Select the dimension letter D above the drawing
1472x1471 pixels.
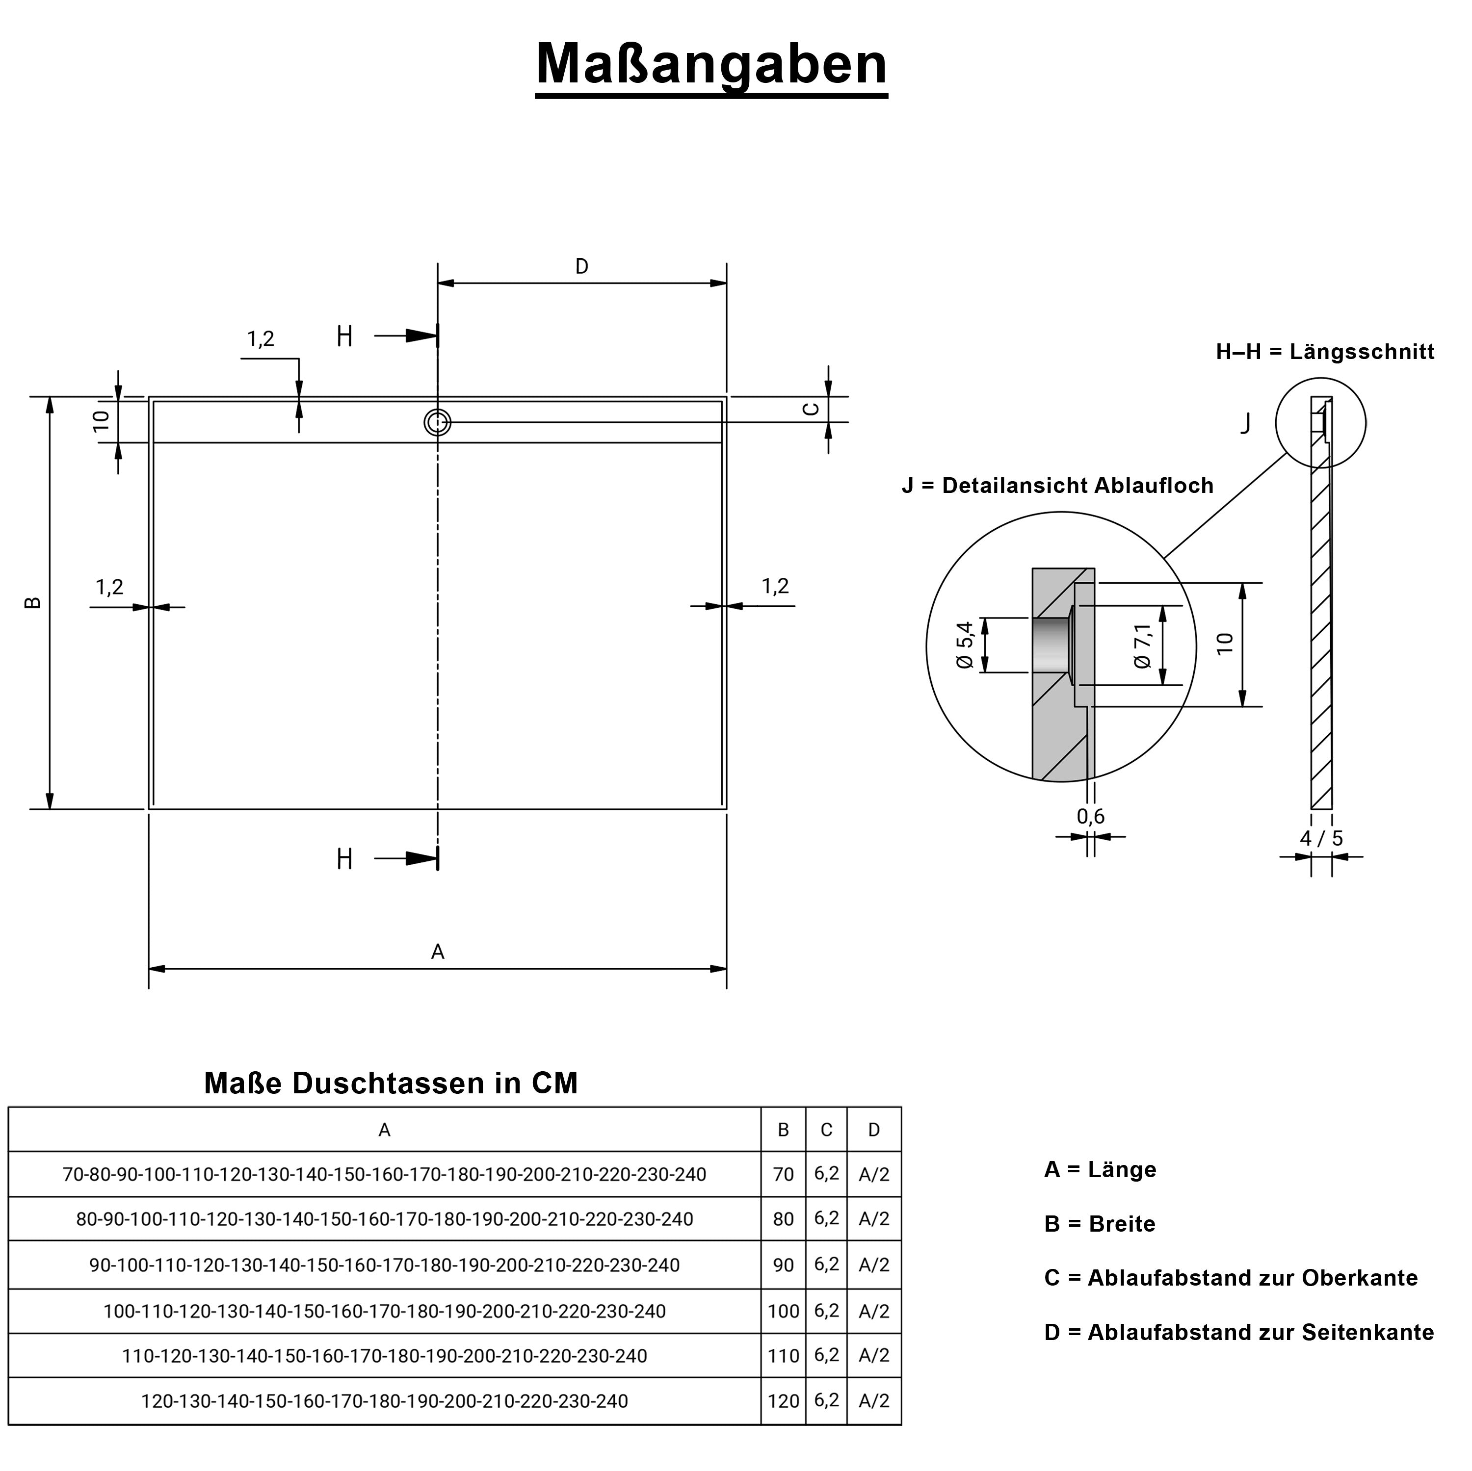pos(581,267)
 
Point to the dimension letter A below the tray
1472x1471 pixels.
pos(437,952)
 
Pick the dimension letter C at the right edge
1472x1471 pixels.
pos(812,409)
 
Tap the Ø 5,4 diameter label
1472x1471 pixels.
pos(965,645)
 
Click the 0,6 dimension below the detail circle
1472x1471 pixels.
pos(1090,817)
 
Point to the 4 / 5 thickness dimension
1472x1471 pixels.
pos(1321,839)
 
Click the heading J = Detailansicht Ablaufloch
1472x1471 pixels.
pos(1057,485)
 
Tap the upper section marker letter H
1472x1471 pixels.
pos(344,336)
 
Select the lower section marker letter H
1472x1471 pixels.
pos(344,859)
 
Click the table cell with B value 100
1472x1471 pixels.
pos(783,1311)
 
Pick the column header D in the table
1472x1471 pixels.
pos(873,1130)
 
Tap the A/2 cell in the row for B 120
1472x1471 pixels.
pos(873,1401)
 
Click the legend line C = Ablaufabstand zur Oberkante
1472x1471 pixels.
pos(1231,1278)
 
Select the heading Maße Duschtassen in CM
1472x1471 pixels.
pos(391,1083)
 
